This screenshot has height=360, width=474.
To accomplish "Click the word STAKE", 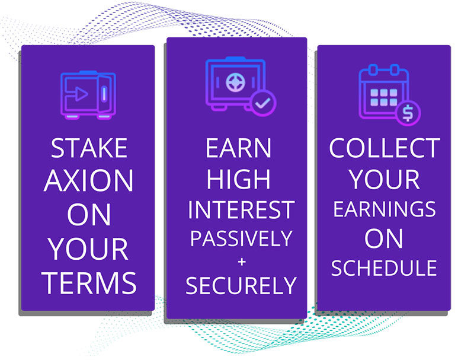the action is [x=89, y=148].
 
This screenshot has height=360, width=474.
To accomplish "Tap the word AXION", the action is [x=88, y=181].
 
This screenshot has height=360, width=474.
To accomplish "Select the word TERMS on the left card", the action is [x=89, y=283].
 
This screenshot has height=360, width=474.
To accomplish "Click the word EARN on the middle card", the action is [x=238, y=148].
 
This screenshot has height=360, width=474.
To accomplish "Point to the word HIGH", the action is [x=238, y=179].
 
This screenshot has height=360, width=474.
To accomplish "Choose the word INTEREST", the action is [x=241, y=209].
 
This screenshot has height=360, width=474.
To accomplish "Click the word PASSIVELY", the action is [x=241, y=238].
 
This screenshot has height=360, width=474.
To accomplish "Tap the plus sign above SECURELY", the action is [x=242, y=262].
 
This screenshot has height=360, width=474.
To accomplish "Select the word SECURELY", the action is [x=241, y=286].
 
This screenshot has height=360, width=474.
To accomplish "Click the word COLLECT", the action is [x=384, y=148].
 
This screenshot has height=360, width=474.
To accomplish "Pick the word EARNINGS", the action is [x=384, y=209].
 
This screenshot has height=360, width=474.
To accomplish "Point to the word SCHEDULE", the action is [x=384, y=267].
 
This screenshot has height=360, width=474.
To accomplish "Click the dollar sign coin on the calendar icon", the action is [x=408, y=113].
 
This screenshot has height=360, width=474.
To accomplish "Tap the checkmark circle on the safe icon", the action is [x=263, y=103].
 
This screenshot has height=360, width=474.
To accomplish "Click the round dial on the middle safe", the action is [x=235, y=82].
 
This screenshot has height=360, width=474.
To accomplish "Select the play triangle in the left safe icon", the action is [x=81, y=94].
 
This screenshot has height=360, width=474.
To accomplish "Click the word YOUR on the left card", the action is [x=88, y=249].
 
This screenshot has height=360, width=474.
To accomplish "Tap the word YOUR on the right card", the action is [x=384, y=179].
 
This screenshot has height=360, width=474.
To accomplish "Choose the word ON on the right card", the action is [x=384, y=238].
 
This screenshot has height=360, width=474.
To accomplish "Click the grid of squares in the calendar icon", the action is [x=383, y=97].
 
